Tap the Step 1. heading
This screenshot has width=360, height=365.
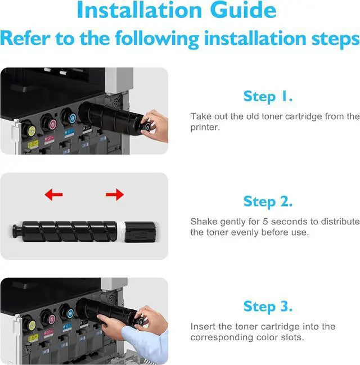(268, 96)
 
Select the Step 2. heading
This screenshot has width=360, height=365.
(268, 201)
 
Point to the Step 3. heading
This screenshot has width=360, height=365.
(268, 307)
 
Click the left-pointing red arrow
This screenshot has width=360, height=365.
(53, 195)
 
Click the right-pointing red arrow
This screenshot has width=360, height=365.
(115, 195)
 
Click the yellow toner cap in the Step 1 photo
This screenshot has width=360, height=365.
(31, 130)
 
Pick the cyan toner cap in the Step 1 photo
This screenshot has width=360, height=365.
(70, 119)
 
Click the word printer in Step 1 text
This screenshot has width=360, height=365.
(204, 127)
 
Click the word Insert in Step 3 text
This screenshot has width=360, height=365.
(201, 326)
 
